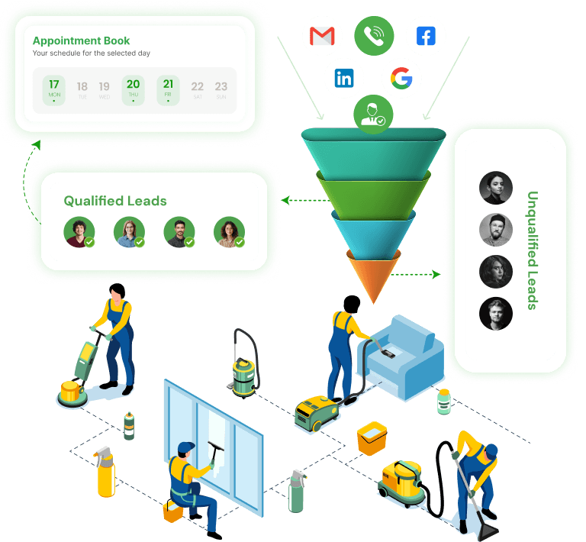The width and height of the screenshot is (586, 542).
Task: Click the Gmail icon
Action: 323,36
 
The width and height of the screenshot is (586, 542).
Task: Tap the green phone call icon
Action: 374,36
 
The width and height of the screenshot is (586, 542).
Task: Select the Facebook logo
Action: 426,36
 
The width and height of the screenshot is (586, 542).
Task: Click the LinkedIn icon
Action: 344,78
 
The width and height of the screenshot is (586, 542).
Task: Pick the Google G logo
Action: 401,78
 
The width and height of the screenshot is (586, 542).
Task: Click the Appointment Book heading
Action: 82,40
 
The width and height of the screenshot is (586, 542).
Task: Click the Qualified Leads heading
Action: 115,201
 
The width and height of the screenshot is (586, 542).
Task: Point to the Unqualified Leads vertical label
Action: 533,250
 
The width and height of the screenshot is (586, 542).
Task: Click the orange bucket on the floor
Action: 374,439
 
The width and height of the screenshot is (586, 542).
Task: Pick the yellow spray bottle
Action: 105,473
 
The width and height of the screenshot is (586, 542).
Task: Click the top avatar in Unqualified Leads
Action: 495,188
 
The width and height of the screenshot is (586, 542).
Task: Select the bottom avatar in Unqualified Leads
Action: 495,313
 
